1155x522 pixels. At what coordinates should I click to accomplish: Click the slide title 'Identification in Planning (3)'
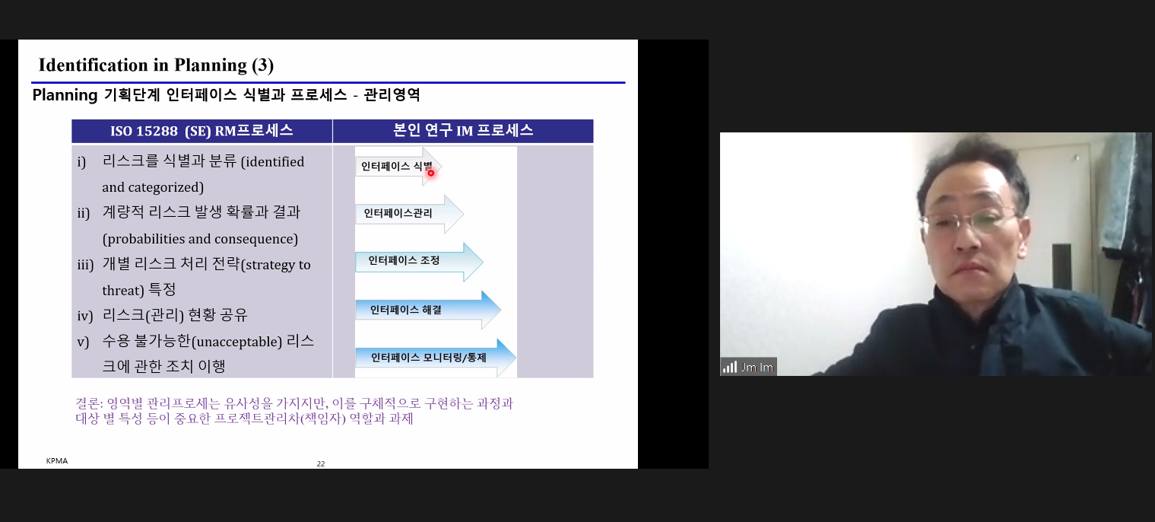[x=156, y=65]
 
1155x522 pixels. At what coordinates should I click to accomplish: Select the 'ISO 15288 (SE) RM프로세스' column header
[x=201, y=131]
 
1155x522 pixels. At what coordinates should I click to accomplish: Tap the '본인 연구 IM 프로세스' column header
[x=463, y=131]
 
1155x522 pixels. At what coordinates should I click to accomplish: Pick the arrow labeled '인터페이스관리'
[x=409, y=214]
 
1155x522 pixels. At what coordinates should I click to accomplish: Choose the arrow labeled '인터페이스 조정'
[x=419, y=262]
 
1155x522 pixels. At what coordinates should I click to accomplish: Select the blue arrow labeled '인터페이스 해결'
[x=428, y=310]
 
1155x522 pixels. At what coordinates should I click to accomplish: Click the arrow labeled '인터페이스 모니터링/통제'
[x=436, y=358]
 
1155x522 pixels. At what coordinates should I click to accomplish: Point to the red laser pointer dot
[x=431, y=173]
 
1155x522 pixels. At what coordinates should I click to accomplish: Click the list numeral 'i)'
[x=81, y=163]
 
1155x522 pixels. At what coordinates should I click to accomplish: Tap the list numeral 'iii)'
[x=85, y=265]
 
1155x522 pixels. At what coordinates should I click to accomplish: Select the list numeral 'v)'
[x=83, y=342]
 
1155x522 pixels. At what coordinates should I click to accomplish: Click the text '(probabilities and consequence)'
[x=200, y=239]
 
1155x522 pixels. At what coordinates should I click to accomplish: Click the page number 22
[x=321, y=463]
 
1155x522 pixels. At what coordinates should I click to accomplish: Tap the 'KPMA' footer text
[x=57, y=460]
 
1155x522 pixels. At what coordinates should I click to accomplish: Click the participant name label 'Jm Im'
[x=757, y=368]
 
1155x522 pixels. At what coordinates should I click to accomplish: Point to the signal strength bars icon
[x=730, y=368]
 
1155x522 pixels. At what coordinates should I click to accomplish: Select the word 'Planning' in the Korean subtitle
[x=65, y=95]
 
